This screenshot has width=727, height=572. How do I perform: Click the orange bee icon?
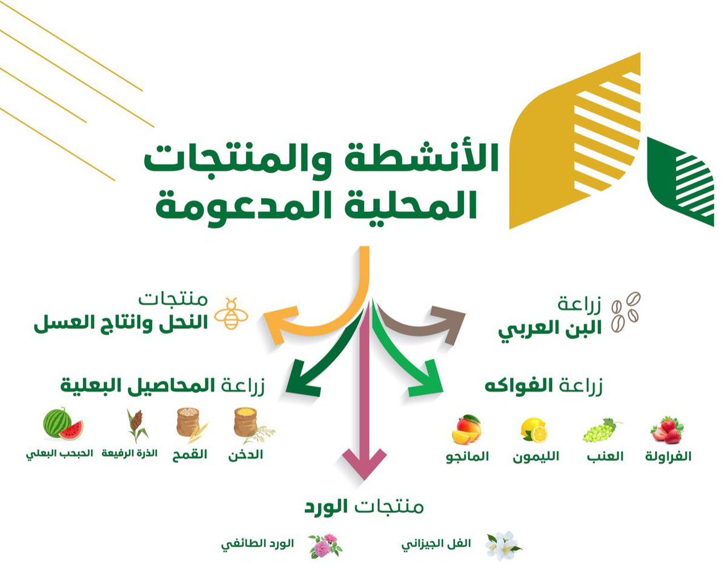(232, 314)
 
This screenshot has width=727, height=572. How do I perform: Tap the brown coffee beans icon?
(626, 312)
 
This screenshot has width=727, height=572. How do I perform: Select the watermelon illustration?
(63, 425)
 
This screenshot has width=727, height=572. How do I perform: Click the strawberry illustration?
(667, 430)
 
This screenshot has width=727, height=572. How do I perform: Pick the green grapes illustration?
(602, 430)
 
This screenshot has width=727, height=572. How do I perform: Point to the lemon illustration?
(534, 430)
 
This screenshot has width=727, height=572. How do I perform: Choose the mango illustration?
(466, 429)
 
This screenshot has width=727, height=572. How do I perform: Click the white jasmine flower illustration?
(503, 547)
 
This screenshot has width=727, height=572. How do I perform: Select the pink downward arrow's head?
(364, 464)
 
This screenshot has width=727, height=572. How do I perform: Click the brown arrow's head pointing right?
(449, 324)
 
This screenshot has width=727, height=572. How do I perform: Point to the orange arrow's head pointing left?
(280, 325)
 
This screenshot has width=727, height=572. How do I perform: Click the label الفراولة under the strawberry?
(668, 456)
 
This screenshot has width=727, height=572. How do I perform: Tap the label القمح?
(190, 454)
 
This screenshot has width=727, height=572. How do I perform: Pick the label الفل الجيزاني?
(436, 545)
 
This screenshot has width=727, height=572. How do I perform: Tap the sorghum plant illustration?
(136, 425)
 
